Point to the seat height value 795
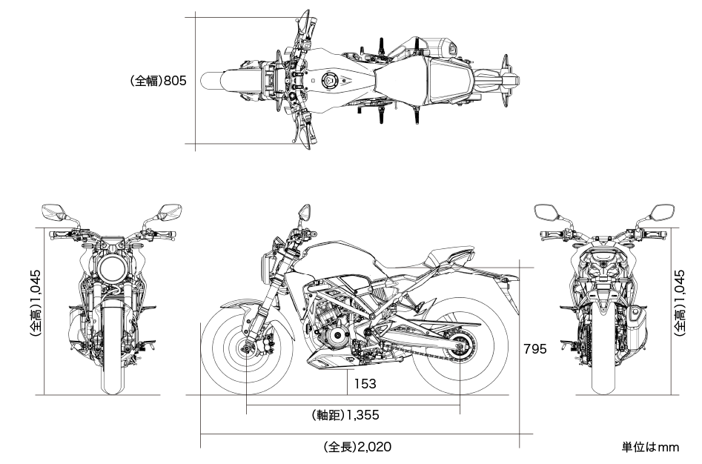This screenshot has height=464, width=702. [535, 348]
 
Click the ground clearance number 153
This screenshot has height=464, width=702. [365, 383]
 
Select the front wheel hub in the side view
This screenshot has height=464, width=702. [247, 348]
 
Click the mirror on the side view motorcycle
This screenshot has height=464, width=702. [305, 212]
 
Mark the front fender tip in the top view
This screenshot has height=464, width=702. [202, 81]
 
